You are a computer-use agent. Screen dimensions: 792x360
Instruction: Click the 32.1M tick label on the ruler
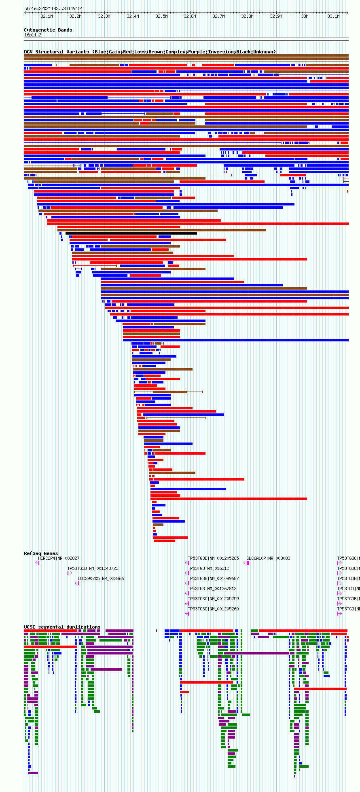[47, 17]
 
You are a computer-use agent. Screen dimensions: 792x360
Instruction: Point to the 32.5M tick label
[161, 17]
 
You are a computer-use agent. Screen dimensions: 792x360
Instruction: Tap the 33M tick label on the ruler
[305, 17]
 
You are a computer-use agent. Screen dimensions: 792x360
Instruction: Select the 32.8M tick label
[247, 17]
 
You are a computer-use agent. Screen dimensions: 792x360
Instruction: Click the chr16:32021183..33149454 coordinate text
[53, 8]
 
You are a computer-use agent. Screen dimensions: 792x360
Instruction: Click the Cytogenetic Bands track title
[48, 30]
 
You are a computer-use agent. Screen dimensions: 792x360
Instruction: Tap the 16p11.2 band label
[33, 35]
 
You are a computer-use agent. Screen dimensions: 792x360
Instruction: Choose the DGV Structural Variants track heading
[150, 52]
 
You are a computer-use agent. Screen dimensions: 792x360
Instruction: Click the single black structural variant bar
[131, 233]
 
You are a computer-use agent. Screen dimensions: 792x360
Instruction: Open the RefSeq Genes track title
[41, 553]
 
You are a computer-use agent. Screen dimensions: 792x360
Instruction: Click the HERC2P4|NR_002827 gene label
[59, 559]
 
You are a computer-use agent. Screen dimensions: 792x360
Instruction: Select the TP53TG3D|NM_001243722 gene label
[93, 569]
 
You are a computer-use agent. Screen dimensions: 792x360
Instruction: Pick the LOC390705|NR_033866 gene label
[101, 579]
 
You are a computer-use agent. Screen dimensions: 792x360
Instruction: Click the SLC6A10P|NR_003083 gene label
[268, 559]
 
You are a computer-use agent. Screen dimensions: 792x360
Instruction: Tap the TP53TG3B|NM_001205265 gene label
[213, 559]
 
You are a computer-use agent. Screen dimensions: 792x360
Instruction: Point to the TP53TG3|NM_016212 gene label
[208, 569]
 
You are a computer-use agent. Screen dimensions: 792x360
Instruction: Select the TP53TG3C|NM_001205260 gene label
[213, 609]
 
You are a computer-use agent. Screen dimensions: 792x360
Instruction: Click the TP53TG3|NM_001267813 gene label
[212, 589]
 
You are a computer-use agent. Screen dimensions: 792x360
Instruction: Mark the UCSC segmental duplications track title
[62, 627]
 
